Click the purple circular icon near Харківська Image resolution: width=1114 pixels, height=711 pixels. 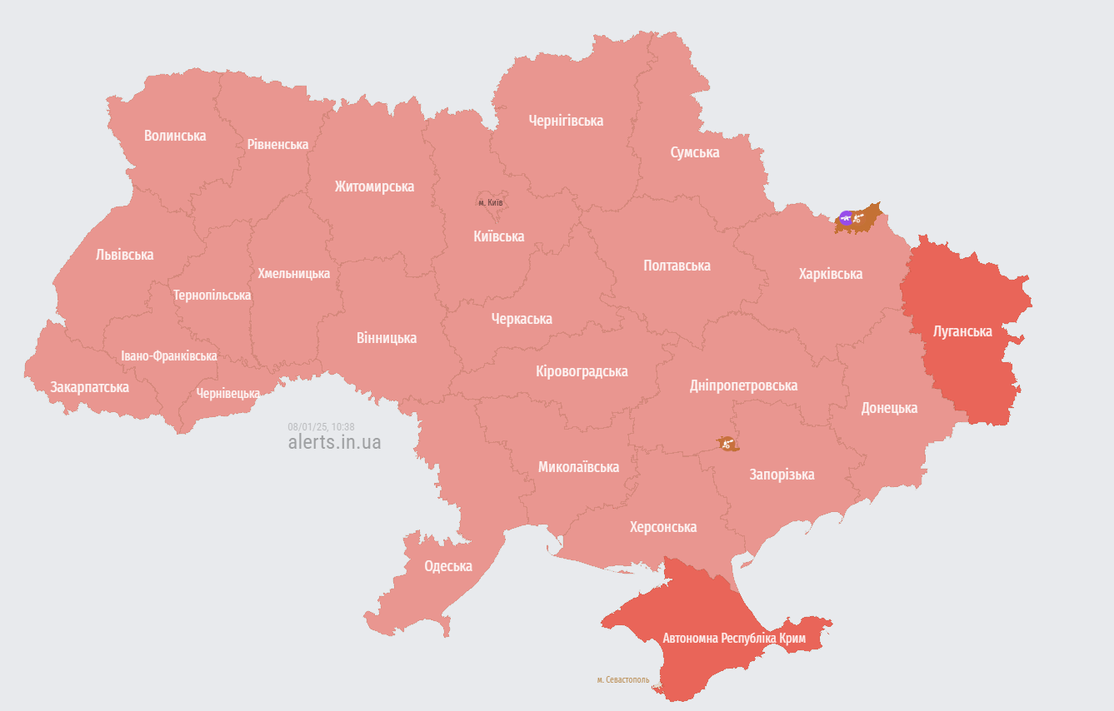pos(847,218)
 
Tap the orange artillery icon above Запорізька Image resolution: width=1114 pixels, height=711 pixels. pos(727,444)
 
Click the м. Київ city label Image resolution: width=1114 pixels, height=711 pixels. pos(490,202)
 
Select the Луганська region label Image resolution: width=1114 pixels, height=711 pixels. pos(962,331)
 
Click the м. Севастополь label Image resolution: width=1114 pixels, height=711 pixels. pos(622,680)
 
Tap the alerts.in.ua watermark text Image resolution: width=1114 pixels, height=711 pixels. pos(334,442)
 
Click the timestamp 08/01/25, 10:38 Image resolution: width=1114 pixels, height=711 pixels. pos(321,426)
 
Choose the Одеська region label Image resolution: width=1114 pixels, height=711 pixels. pos(448,566)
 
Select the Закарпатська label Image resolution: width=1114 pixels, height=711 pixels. pos(89,387)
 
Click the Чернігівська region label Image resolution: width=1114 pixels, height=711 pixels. pos(566,121)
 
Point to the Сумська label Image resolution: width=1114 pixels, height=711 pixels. pos(695,152)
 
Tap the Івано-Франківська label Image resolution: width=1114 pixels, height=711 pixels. pos(168,355)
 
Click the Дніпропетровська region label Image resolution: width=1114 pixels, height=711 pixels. pos(743,385)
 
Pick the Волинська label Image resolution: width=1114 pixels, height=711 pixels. pos(175,136)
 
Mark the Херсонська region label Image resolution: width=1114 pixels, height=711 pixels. pos(663,527)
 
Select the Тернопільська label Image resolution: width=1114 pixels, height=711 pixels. pos(212,295)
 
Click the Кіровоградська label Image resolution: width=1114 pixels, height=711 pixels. pos(582,371)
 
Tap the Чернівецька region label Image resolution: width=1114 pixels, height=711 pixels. pos(227,393)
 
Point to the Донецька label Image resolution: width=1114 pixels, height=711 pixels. pos(889,408)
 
